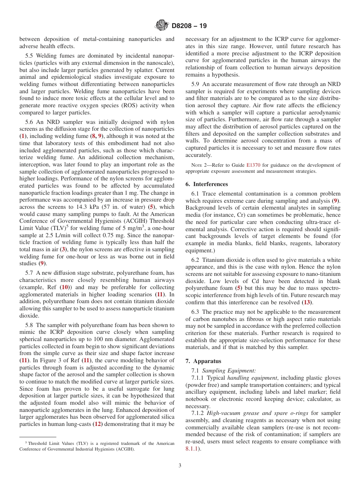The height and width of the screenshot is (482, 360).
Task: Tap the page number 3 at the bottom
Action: (180, 466)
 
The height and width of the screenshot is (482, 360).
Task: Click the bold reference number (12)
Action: (97, 424)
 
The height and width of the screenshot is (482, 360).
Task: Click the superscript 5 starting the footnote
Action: (26, 443)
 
